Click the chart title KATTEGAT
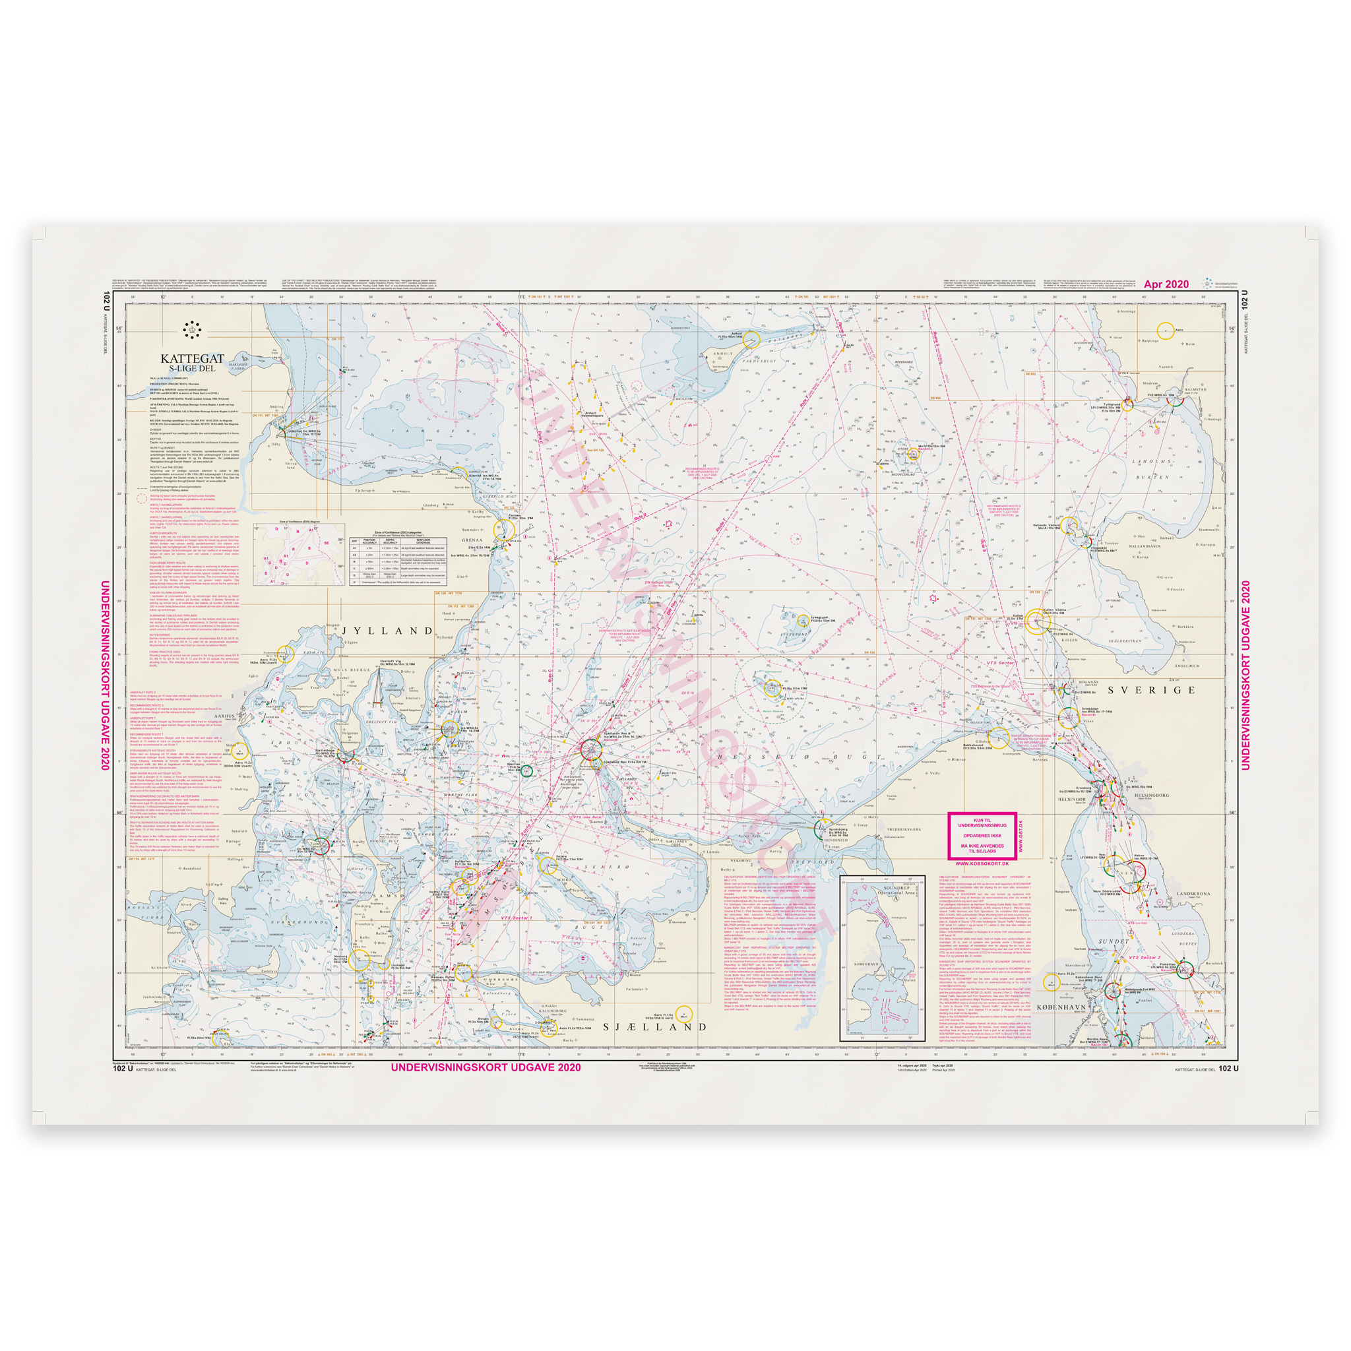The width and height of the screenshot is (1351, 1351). pos(193,359)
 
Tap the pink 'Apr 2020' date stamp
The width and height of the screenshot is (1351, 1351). pos(1166,284)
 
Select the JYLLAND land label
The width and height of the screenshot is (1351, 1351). pos(388,631)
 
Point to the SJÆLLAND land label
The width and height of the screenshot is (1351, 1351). pos(655,1027)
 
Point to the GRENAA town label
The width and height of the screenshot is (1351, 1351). pos(472,540)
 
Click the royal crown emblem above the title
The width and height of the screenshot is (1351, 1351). pos(191,329)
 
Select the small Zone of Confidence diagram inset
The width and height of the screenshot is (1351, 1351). pos(299,555)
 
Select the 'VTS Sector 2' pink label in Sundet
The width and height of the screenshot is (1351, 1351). pos(1145,957)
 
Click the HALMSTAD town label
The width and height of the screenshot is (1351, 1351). pos(1195,389)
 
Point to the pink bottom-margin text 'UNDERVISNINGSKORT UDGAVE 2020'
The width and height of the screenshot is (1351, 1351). pos(486,1068)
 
